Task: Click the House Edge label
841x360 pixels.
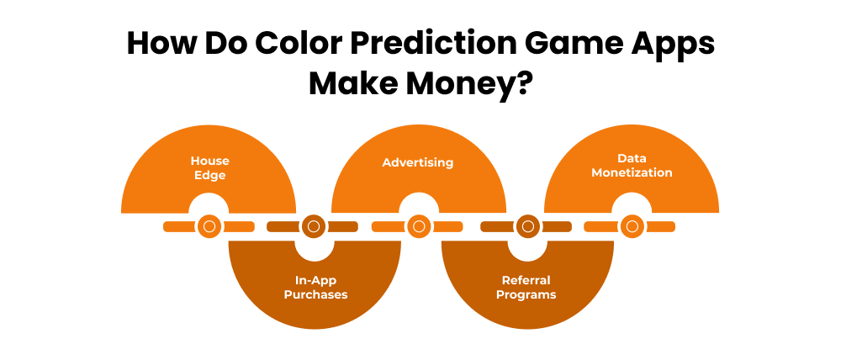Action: click(x=209, y=167)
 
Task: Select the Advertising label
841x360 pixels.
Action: click(x=418, y=161)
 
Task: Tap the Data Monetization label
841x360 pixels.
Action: click(x=632, y=165)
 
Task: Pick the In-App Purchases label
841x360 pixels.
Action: click(x=315, y=288)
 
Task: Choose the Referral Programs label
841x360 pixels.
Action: click(x=526, y=288)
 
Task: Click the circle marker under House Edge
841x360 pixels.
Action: click(x=209, y=226)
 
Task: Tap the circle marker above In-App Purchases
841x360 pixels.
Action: click(x=314, y=226)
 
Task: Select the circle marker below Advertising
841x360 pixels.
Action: click(x=418, y=226)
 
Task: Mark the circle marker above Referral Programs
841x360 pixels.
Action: click(x=526, y=226)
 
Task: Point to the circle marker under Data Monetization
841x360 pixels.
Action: click(x=632, y=226)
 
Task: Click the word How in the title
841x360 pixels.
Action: click(x=157, y=45)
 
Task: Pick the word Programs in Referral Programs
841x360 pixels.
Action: click(x=526, y=294)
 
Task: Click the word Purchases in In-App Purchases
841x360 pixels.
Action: click(x=315, y=294)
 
